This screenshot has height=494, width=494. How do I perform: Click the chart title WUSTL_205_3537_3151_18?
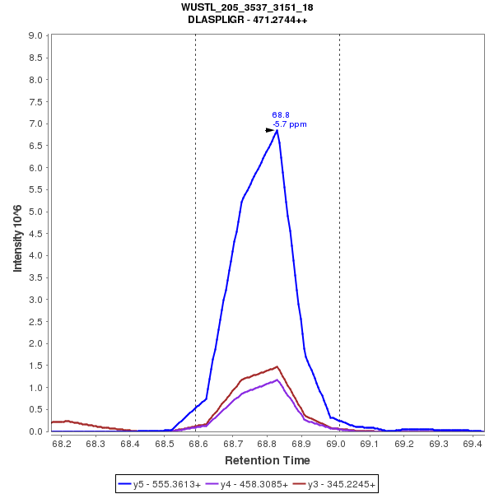247,7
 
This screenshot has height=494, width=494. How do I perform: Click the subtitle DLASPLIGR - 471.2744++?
247,20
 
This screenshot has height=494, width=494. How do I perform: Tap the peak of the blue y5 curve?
277,130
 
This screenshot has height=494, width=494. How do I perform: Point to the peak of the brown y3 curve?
277,366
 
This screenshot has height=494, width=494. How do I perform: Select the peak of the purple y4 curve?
277,380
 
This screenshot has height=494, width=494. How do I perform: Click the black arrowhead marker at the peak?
269,130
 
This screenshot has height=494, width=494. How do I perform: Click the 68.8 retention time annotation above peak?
281,115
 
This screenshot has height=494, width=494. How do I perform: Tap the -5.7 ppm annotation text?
289,124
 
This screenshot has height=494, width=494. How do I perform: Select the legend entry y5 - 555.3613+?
167,484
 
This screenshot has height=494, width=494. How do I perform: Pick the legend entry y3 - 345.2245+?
341,484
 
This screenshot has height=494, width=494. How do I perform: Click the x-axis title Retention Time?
268,460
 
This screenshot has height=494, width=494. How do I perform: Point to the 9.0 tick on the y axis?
35,36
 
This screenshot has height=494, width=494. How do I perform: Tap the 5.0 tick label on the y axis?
35,212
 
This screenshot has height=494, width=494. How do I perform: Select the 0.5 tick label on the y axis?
35,409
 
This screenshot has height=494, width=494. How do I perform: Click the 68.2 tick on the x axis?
61,444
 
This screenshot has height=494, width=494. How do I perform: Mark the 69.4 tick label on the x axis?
472,444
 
